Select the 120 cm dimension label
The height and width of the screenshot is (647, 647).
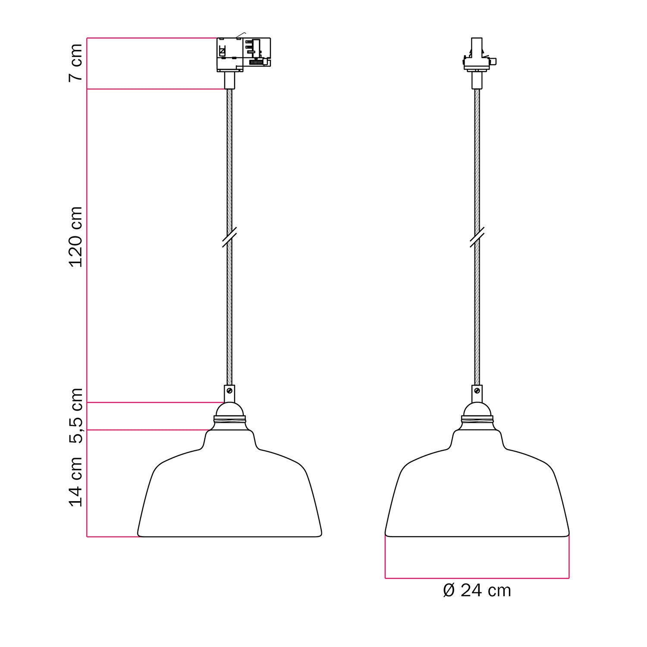(x=75, y=236)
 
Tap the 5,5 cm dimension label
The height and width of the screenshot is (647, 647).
(x=75, y=416)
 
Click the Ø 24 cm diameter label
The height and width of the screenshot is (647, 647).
(x=477, y=590)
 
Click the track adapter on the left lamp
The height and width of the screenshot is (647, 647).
(x=243, y=54)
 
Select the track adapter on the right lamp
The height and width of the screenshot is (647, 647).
(x=477, y=56)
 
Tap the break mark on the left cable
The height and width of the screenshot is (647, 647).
(x=229, y=238)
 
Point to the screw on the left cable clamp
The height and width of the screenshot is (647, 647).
(x=229, y=391)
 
